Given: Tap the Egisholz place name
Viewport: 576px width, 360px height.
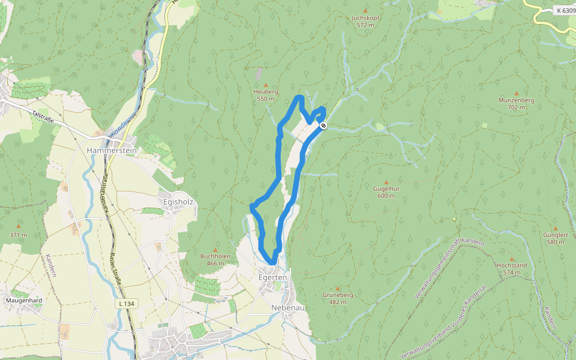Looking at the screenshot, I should pyautogui.click(x=178, y=202).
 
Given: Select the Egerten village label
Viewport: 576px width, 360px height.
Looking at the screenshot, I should pyautogui.click(x=274, y=278).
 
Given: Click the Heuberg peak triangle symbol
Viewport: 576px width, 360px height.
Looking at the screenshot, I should pyautogui.click(x=266, y=85).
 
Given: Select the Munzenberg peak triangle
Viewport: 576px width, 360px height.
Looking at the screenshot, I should pyautogui.click(x=516, y=94).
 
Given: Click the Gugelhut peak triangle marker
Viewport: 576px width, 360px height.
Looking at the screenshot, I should pyautogui.click(x=386, y=182).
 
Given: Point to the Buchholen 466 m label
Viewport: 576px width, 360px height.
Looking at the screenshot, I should pyautogui.click(x=215, y=259).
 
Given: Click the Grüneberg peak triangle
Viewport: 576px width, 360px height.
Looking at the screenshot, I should pyautogui.click(x=337, y=289).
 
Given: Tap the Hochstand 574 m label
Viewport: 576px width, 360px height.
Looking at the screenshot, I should pyautogui.click(x=511, y=268).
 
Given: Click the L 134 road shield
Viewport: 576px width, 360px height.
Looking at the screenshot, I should pyautogui.click(x=127, y=304).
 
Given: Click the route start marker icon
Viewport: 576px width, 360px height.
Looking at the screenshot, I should pyautogui.click(x=323, y=125).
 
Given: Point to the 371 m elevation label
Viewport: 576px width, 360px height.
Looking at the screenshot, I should pyautogui.click(x=18, y=235).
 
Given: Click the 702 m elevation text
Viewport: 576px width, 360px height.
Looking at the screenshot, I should pyautogui.click(x=516, y=107).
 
